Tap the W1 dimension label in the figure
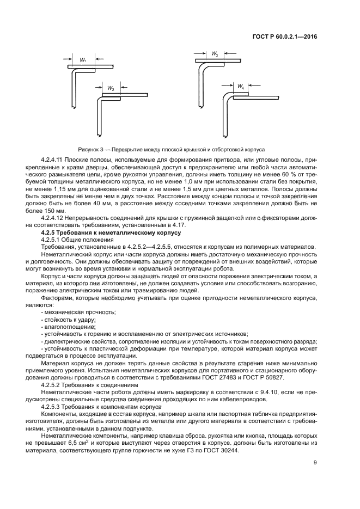[83, 60]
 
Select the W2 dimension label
[111, 88]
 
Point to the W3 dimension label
[215, 55]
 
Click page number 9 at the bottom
[315, 463]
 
